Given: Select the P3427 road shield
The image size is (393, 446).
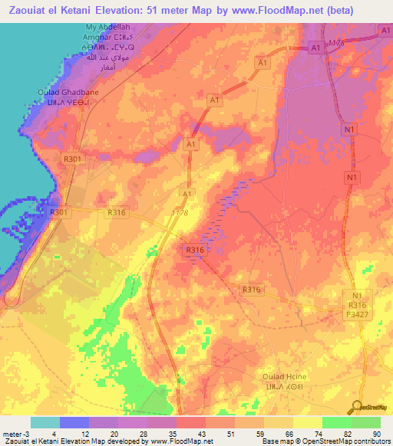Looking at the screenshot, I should click(x=355, y=313).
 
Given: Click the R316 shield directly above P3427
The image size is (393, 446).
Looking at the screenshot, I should click(x=355, y=303).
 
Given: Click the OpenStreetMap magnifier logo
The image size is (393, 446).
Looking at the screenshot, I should click(x=358, y=406).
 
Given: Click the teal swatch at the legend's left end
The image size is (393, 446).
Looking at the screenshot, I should click(x=45, y=422).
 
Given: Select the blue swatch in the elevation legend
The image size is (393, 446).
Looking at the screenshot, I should click(x=74, y=422).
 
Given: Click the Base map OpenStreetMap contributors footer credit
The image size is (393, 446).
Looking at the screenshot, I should click(x=323, y=442).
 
